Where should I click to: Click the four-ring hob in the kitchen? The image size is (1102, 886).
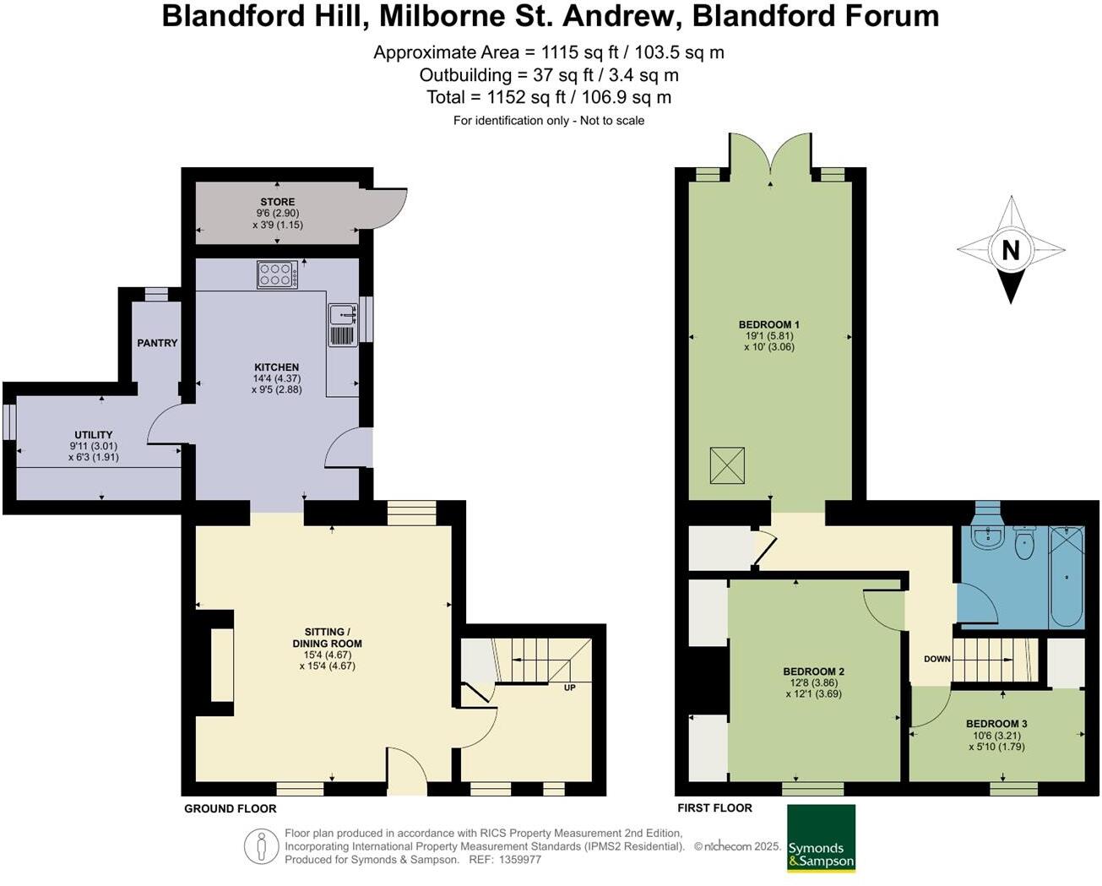pyautogui.click(x=277, y=274)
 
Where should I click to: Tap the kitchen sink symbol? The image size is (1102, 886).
pyautogui.click(x=343, y=315)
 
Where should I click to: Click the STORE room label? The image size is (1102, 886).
pyautogui.click(x=277, y=202)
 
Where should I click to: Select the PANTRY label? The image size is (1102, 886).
pyautogui.click(x=158, y=343)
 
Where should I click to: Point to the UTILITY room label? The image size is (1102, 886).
pyautogui.click(x=93, y=435)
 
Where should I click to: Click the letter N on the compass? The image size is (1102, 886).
pyautogui.click(x=1010, y=250)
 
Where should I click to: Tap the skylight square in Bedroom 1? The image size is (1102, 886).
pyautogui.click(x=728, y=465)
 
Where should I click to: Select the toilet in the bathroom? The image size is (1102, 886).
pyautogui.click(x=1024, y=542)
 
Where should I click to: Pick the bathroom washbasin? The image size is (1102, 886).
pyautogui.click(x=985, y=537)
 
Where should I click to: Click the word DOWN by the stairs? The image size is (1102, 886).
pyautogui.click(x=937, y=659)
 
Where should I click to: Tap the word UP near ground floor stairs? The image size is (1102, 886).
pyautogui.click(x=570, y=688)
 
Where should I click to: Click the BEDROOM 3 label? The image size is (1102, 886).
pyautogui.click(x=996, y=724)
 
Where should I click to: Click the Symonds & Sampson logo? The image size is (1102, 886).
pyautogui.click(x=821, y=839)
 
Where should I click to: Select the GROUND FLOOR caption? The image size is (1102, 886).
pyautogui.click(x=231, y=808)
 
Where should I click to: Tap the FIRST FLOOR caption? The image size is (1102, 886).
pyautogui.click(x=714, y=808)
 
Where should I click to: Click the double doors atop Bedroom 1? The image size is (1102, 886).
pyautogui.click(x=770, y=155)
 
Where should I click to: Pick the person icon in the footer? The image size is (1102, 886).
pyautogui.click(x=262, y=845)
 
